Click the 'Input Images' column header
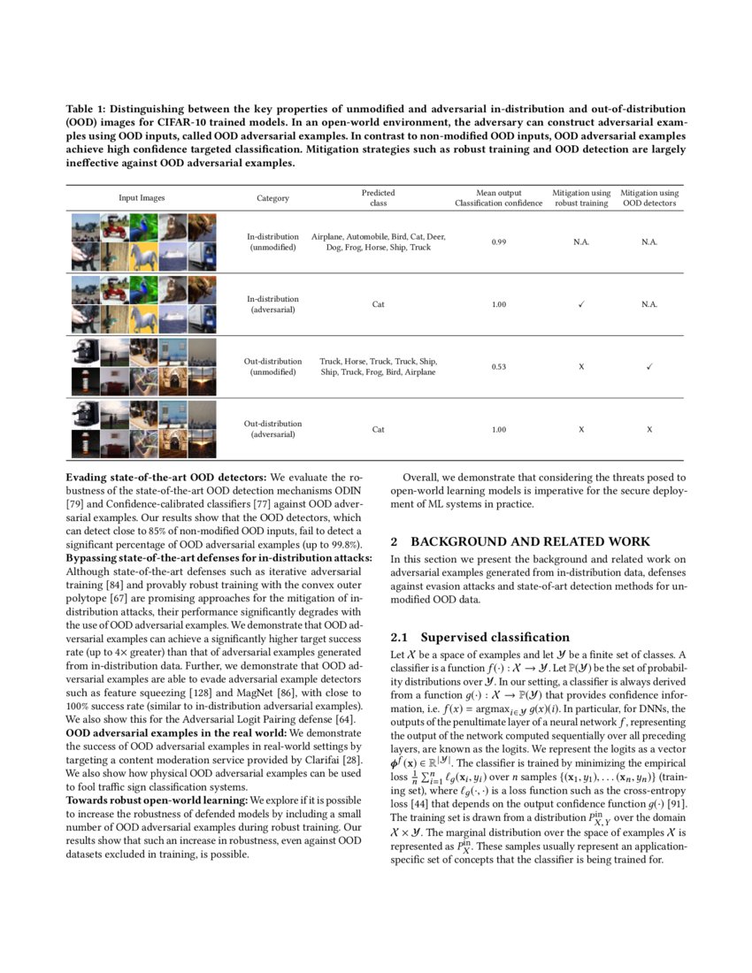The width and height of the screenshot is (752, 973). point(142,198)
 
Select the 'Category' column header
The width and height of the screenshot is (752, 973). point(272,198)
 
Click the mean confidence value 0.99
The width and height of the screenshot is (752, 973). point(498,241)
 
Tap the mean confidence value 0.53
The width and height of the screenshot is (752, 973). point(498,366)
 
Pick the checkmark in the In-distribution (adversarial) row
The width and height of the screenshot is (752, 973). point(581,304)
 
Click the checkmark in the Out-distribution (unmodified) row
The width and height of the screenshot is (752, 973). point(649,366)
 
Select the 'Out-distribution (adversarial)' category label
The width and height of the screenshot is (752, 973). point(272,429)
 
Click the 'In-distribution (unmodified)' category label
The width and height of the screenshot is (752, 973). point(272,241)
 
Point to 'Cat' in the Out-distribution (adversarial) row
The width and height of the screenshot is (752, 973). point(378,429)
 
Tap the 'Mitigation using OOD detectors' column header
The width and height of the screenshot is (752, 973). point(649,198)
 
